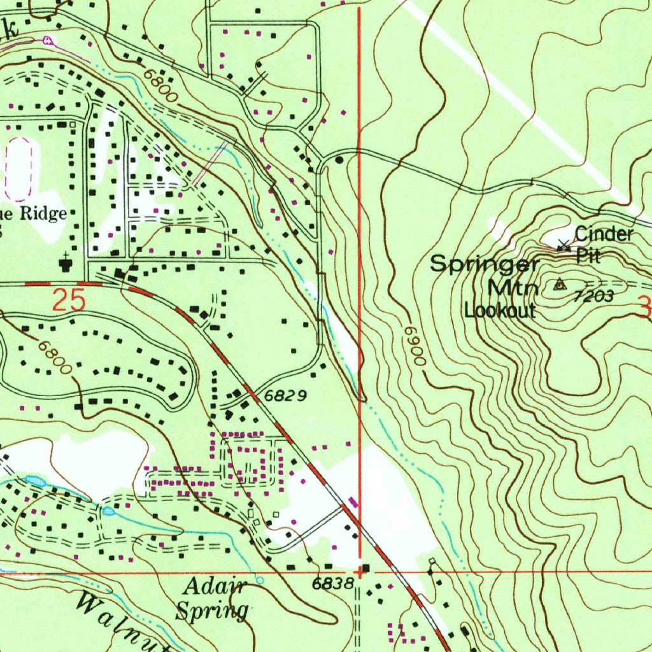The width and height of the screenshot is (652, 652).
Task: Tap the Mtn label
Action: (x=513, y=288)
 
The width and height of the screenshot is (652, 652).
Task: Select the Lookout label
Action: (x=500, y=311)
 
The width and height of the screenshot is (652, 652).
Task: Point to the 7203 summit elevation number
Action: (x=592, y=296)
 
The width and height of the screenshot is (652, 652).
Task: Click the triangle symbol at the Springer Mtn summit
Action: (x=560, y=285)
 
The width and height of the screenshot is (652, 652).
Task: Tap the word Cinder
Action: (x=604, y=234)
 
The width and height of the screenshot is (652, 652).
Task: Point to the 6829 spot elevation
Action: (x=286, y=396)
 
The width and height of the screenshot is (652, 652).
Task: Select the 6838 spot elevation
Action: (x=332, y=583)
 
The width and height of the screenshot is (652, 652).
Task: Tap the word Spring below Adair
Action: (x=211, y=611)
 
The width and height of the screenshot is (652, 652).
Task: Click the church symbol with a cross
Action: (x=66, y=262)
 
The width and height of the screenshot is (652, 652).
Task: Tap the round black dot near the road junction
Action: (x=339, y=160)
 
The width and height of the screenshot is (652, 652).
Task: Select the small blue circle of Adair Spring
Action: (x=260, y=580)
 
